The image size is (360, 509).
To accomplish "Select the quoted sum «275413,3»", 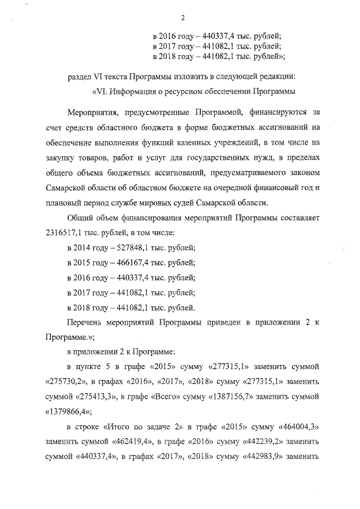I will tap(94, 397).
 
